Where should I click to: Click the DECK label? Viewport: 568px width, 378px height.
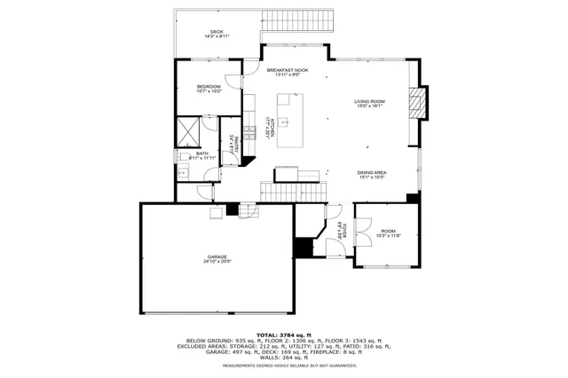(x=217, y=31)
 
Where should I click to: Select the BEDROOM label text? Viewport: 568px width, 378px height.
(x=209, y=86)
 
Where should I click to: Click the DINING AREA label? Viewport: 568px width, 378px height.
(x=372, y=172)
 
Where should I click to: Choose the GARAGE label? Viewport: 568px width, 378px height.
(x=217, y=256)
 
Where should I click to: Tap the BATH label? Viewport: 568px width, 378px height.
(x=202, y=154)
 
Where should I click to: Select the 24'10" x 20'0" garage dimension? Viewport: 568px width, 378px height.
(x=217, y=262)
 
